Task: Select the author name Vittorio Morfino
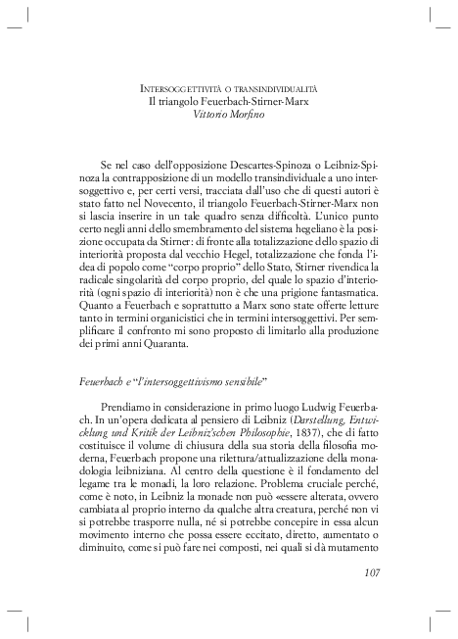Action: [229, 115]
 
